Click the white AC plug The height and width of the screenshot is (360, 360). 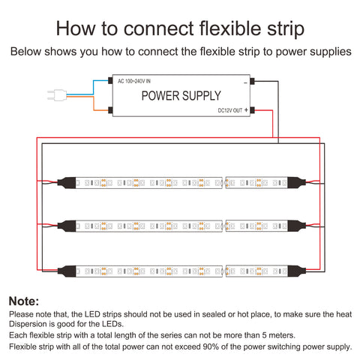[57, 95]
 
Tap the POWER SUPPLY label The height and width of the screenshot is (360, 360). [181, 96]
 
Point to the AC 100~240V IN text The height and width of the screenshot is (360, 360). [134, 81]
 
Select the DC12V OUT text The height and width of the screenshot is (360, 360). [230, 110]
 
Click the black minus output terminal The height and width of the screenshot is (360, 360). [252, 81]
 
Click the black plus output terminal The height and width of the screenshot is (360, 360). [252, 110]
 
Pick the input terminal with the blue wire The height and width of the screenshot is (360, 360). [110, 81]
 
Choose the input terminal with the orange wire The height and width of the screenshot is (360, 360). [110, 110]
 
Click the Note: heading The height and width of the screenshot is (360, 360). [24, 301]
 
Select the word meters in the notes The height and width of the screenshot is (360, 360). [281, 335]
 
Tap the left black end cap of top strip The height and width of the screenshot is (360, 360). [67, 183]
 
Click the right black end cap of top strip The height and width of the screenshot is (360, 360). [296, 183]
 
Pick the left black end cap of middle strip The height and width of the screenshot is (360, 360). [67, 226]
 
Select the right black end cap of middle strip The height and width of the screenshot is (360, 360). [296, 226]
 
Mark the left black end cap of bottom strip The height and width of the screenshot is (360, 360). [67, 271]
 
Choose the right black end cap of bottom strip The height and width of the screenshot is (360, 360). [296, 271]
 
